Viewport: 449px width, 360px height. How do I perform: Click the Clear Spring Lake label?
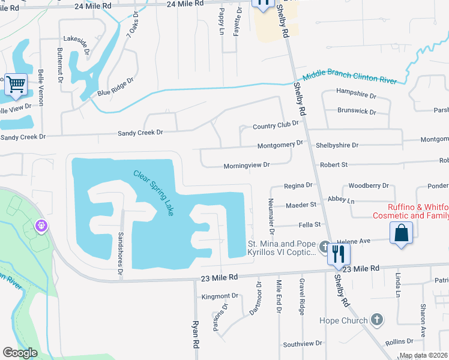point(153,194)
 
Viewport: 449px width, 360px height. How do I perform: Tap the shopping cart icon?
point(15,84)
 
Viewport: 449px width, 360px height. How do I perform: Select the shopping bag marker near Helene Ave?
point(401,233)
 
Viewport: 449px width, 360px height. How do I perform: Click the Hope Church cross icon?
point(376,320)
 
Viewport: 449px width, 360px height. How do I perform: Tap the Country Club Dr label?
point(276,125)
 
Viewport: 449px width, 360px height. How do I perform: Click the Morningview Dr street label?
point(247,165)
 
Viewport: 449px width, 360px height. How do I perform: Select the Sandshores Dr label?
point(121,248)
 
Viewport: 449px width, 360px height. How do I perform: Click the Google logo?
point(20,353)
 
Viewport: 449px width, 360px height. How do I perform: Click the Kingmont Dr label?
point(220,296)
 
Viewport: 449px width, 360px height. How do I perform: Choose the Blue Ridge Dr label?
point(115,88)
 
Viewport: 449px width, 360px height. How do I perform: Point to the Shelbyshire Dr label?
point(337,145)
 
